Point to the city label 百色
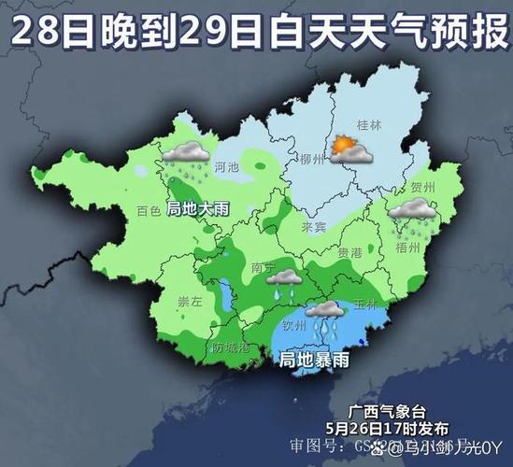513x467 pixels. [149, 211]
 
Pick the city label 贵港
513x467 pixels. [349, 253]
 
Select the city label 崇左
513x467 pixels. [190, 301]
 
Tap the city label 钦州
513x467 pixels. [295, 327]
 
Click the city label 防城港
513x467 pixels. [231, 347]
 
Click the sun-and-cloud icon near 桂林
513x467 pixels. [349, 149]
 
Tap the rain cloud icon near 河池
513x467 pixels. [187, 159]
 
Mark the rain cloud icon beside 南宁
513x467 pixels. [283, 282]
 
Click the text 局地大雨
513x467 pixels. [197, 208]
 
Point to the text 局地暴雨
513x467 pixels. [314, 359]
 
